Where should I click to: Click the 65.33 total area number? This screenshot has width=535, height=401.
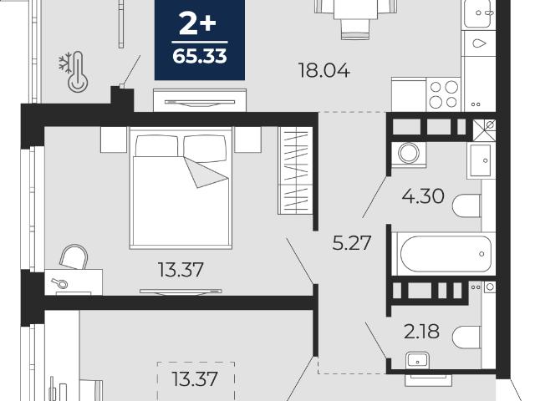200,57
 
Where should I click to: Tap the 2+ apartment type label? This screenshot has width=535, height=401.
197,24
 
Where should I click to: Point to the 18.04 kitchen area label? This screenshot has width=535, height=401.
324,70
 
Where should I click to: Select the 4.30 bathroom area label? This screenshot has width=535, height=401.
423,196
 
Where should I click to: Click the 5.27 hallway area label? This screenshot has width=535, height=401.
351,243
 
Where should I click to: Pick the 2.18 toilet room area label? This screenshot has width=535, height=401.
421,332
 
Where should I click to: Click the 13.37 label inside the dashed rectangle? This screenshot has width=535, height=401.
195,378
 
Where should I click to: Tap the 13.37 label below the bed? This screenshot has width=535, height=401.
181,269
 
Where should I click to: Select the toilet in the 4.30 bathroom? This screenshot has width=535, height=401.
466,206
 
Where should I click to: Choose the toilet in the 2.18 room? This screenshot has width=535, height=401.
466,337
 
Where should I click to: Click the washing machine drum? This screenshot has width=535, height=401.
409,153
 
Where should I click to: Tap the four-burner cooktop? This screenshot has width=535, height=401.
444,94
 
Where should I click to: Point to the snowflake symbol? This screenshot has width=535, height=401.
65,63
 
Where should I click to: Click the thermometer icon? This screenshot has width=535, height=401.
78,73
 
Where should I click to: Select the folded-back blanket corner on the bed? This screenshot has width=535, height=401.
206,172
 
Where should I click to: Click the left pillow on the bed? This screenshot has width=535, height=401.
156,145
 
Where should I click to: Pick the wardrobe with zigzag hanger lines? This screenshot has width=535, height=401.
295,170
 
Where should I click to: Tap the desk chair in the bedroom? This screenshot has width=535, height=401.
74,256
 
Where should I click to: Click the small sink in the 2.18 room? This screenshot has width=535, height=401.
418,360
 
